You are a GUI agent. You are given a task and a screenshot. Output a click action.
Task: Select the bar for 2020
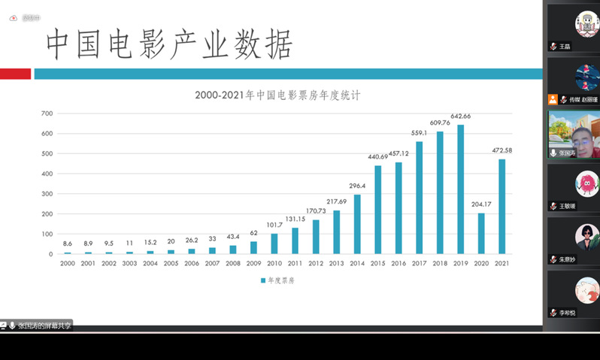click(481, 233)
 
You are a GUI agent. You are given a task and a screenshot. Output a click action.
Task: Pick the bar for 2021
click(502, 207)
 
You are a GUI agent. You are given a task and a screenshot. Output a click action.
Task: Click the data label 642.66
click(460, 116)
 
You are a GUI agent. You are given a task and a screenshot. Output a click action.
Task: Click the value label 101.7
click(274, 225)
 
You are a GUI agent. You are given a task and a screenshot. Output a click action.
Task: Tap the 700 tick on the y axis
click(47, 113)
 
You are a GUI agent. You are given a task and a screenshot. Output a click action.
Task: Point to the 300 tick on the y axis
click(47, 194)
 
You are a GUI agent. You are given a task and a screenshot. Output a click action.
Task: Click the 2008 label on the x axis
click(232, 265)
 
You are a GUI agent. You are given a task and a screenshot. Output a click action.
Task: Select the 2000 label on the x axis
click(68, 265)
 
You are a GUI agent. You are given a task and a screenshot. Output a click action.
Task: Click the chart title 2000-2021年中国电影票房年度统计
click(277, 95)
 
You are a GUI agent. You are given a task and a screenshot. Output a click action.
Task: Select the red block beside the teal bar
click(15, 74)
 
